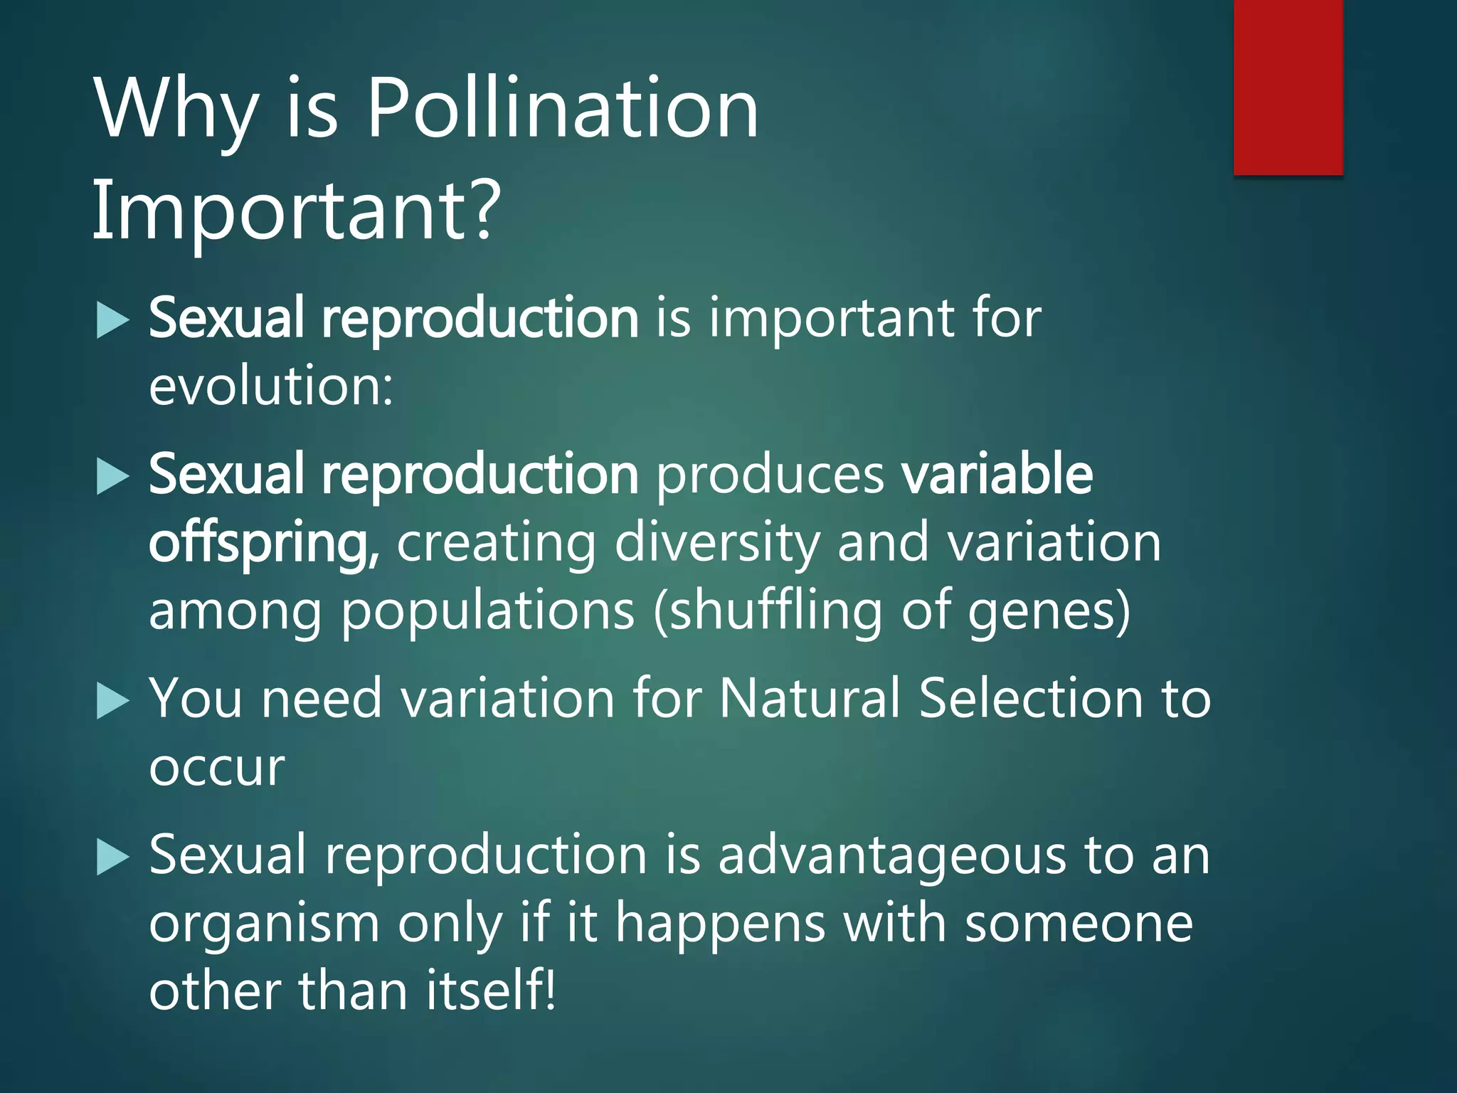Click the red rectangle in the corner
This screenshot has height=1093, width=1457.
1288,87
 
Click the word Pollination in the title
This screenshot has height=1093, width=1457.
562,109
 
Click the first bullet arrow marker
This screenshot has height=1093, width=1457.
112,320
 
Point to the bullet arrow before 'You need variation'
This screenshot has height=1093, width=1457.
112,700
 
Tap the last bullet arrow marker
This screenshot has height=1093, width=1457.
112,857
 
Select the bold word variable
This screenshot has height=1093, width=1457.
996,475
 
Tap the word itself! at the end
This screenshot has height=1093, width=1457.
490,991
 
